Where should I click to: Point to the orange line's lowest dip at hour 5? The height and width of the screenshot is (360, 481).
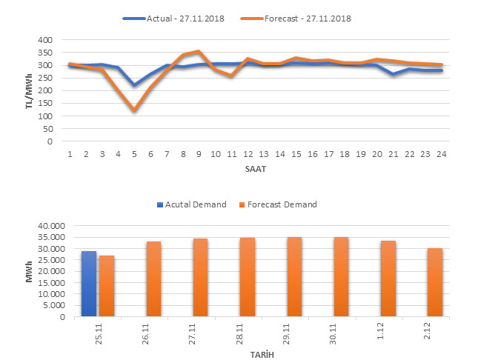coord(134,110)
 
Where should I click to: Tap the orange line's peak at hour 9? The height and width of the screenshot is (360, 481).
coord(199,52)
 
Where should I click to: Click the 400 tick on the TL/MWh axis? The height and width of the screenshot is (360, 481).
coord(47,40)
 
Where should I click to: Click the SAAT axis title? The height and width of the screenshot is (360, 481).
coord(256,168)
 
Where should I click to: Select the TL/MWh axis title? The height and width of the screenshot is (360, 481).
coord(27,90)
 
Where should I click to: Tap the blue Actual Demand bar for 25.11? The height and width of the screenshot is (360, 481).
coord(89,284)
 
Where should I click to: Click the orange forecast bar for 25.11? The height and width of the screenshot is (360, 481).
coord(107,286)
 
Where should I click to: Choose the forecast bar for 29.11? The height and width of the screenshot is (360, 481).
coord(294,277)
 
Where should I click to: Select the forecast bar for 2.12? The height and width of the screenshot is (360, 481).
coord(435,282)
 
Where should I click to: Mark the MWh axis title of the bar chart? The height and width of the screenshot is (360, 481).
coord(29,271)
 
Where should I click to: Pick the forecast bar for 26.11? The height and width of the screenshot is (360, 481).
coord(153,279)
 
